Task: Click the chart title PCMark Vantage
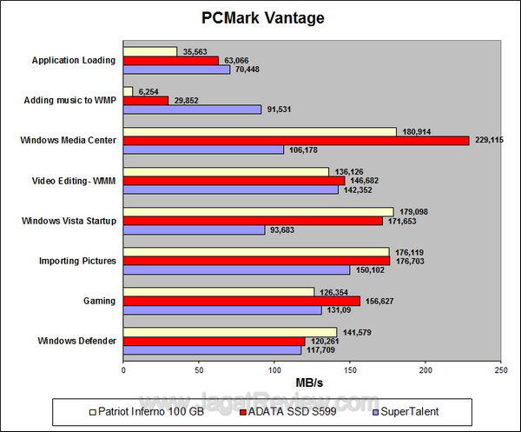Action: pyautogui.click(x=260, y=17)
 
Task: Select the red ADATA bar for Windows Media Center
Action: pyautogui.click(x=295, y=140)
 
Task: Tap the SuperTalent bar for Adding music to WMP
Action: pyautogui.click(x=192, y=110)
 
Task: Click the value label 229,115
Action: pyautogui.click(x=490, y=140)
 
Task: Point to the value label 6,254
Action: pyautogui.click(x=150, y=90)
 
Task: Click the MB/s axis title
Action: pyautogui.click(x=312, y=382)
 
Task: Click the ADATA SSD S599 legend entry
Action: pyautogui.click(x=287, y=409)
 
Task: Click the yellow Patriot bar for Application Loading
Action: pyautogui.click(x=150, y=51)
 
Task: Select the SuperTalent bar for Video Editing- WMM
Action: pyautogui.click(x=230, y=189)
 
